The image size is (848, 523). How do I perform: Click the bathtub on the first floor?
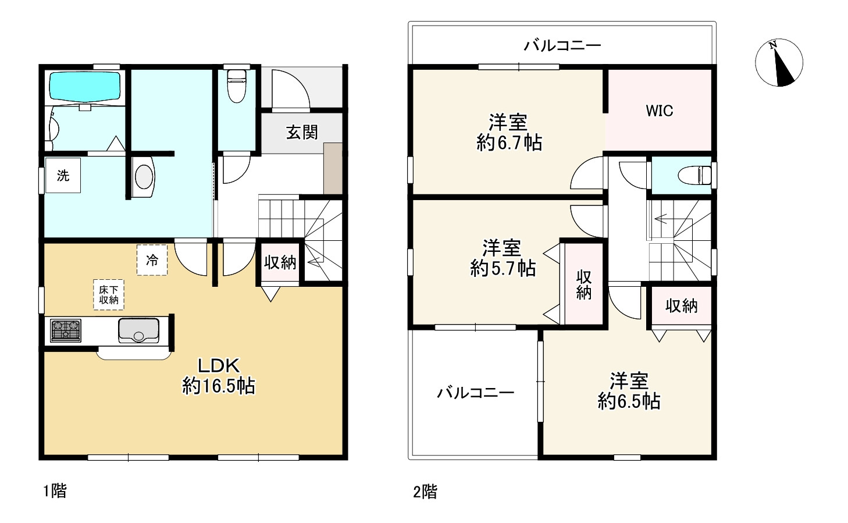(85, 87)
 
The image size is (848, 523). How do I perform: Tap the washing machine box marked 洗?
(63, 175)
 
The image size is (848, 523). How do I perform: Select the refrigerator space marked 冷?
(152, 260)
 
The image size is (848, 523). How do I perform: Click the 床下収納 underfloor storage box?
(109, 294)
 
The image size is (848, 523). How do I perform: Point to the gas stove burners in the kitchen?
(66, 330)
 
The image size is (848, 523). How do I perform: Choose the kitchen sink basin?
(138, 330)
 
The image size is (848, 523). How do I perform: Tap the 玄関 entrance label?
(302, 133)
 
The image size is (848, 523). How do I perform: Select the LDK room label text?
(219, 366)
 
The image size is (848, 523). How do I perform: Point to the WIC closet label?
(660, 111)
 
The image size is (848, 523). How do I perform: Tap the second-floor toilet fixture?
(695, 175)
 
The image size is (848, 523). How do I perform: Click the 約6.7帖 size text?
(509, 143)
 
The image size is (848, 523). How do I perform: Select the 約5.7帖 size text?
(503, 268)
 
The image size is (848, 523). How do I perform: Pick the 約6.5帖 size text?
(629, 401)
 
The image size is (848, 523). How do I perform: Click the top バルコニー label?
(562, 46)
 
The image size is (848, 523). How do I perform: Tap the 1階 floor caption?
(55, 491)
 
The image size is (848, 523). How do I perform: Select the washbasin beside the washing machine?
(143, 177)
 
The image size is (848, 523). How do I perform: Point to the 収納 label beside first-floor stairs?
(280, 262)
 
